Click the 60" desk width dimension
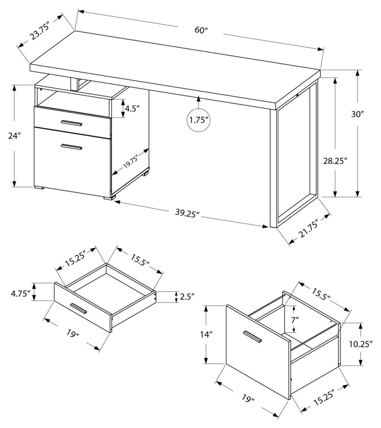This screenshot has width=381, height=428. pyautogui.click(x=201, y=31)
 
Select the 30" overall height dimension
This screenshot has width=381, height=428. pyautogui.click(x=358, y=115)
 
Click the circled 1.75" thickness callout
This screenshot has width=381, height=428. pyautogui.click(x=199, y=120)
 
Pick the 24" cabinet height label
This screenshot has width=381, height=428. pyautogui.click(x=14, y=135)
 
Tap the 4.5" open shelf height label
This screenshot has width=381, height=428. pyautogui.click(x=130, y=109)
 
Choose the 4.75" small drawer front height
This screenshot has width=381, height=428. pyautogui.click(x=20, y=294)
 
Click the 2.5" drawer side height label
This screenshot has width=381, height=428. pyautogui.click(x=187, y=297)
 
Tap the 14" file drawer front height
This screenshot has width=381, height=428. pyautogui.click(x=194, y=334)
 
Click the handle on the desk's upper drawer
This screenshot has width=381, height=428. pyautogui.click(x=71, y=124)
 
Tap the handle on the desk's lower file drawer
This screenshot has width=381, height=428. pyautogui.click(x=71, y=148)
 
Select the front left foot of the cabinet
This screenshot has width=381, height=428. pyautogui.click(x=39, y=188)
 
